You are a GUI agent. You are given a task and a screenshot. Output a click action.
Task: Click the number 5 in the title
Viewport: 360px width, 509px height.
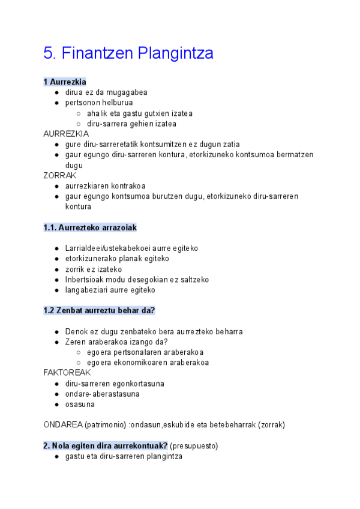[49, 53]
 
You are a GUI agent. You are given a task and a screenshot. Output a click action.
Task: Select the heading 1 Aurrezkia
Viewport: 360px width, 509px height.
[65, 82]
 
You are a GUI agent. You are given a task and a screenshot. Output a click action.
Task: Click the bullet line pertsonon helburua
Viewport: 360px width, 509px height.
[99, 103]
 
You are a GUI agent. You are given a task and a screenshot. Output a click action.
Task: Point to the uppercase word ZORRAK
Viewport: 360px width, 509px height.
[60, 175]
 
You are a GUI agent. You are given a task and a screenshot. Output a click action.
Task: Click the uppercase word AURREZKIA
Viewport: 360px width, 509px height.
[66, 134]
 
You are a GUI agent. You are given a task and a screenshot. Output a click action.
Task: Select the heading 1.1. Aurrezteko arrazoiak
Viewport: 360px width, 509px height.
[90, 227]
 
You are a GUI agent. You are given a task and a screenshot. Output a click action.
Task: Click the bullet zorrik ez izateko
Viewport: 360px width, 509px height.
[93, 270]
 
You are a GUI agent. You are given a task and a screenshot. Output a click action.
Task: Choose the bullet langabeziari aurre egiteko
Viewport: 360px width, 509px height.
[110, 290]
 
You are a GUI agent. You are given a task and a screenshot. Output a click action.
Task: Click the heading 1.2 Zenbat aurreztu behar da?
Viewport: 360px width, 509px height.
[100, 310]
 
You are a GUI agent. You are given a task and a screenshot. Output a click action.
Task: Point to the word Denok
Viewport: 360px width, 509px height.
[77, 331]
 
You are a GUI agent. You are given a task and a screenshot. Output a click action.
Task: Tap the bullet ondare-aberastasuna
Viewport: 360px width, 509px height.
[102, 394]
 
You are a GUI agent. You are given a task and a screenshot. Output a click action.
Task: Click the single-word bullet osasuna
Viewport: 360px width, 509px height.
[80, 404]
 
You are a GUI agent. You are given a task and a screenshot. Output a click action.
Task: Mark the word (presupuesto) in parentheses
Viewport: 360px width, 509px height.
[194, 446]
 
